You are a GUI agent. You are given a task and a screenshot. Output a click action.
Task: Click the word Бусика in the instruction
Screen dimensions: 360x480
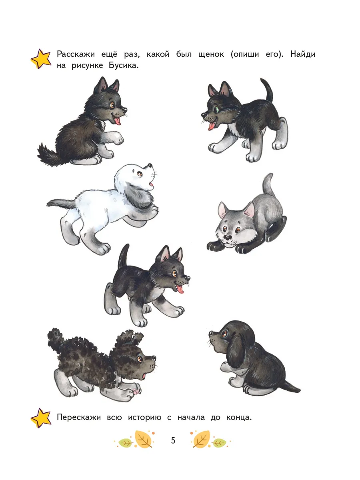(x=124, y=65)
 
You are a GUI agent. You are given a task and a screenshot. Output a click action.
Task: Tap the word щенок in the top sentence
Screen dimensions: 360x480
(x=211, y=54)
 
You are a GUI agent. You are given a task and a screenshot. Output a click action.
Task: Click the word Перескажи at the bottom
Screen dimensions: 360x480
(x=79, y=418)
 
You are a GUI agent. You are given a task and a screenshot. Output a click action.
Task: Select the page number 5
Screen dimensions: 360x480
(x=173, y=440)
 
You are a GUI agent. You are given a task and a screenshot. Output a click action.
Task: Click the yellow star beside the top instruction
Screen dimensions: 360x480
(x=41, y=59)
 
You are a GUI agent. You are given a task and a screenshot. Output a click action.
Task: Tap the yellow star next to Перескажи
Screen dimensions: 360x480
(x=41, y=418)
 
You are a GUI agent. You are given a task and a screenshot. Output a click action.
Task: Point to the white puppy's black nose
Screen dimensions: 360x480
(x=150, y=165)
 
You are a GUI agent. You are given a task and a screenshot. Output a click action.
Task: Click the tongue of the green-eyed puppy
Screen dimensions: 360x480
(x=211, y=126)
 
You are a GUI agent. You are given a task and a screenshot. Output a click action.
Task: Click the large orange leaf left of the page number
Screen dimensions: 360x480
(x=144, y=439)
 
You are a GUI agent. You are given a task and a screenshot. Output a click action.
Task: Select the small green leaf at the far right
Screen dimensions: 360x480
(x=219, y=443)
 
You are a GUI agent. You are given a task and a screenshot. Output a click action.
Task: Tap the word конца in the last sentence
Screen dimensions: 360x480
(x=239, y=418)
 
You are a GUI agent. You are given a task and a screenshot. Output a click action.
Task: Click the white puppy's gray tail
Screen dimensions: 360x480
(x=60, y=203)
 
